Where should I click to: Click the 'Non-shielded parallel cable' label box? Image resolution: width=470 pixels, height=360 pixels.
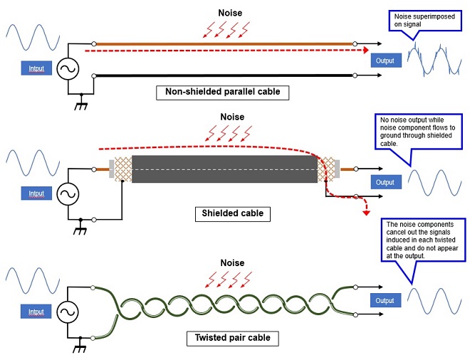point(222,92)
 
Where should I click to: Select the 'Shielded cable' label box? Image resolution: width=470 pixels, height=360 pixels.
point(233,214)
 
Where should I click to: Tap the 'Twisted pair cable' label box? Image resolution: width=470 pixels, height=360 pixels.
point(233,339)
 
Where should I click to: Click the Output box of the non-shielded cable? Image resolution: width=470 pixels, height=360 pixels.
point(386,60)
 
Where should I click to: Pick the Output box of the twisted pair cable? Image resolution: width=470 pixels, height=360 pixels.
point(386,300)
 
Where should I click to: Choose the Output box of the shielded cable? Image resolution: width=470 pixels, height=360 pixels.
point(386,182)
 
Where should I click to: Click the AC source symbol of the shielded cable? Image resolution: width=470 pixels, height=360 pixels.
point(68,194)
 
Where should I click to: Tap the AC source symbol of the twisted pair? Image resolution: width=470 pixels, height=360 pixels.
point(68,312)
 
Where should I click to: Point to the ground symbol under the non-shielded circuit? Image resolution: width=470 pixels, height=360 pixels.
point(81,102)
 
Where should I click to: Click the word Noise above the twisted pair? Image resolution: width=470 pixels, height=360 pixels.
point(232,263)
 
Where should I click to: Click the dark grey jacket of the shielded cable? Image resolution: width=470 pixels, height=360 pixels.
point(224,169)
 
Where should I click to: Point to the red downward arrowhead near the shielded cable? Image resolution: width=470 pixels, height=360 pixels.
point(366,213)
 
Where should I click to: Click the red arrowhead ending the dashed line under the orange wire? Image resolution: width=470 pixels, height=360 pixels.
point(366,50)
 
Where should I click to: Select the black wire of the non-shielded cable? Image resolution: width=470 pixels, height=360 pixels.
point(224,75)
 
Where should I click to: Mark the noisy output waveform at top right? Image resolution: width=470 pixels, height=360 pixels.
point(434,59)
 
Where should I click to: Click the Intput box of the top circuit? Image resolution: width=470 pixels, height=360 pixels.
point(36,68)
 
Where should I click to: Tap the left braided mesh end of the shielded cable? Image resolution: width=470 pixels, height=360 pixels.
point(123,169)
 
